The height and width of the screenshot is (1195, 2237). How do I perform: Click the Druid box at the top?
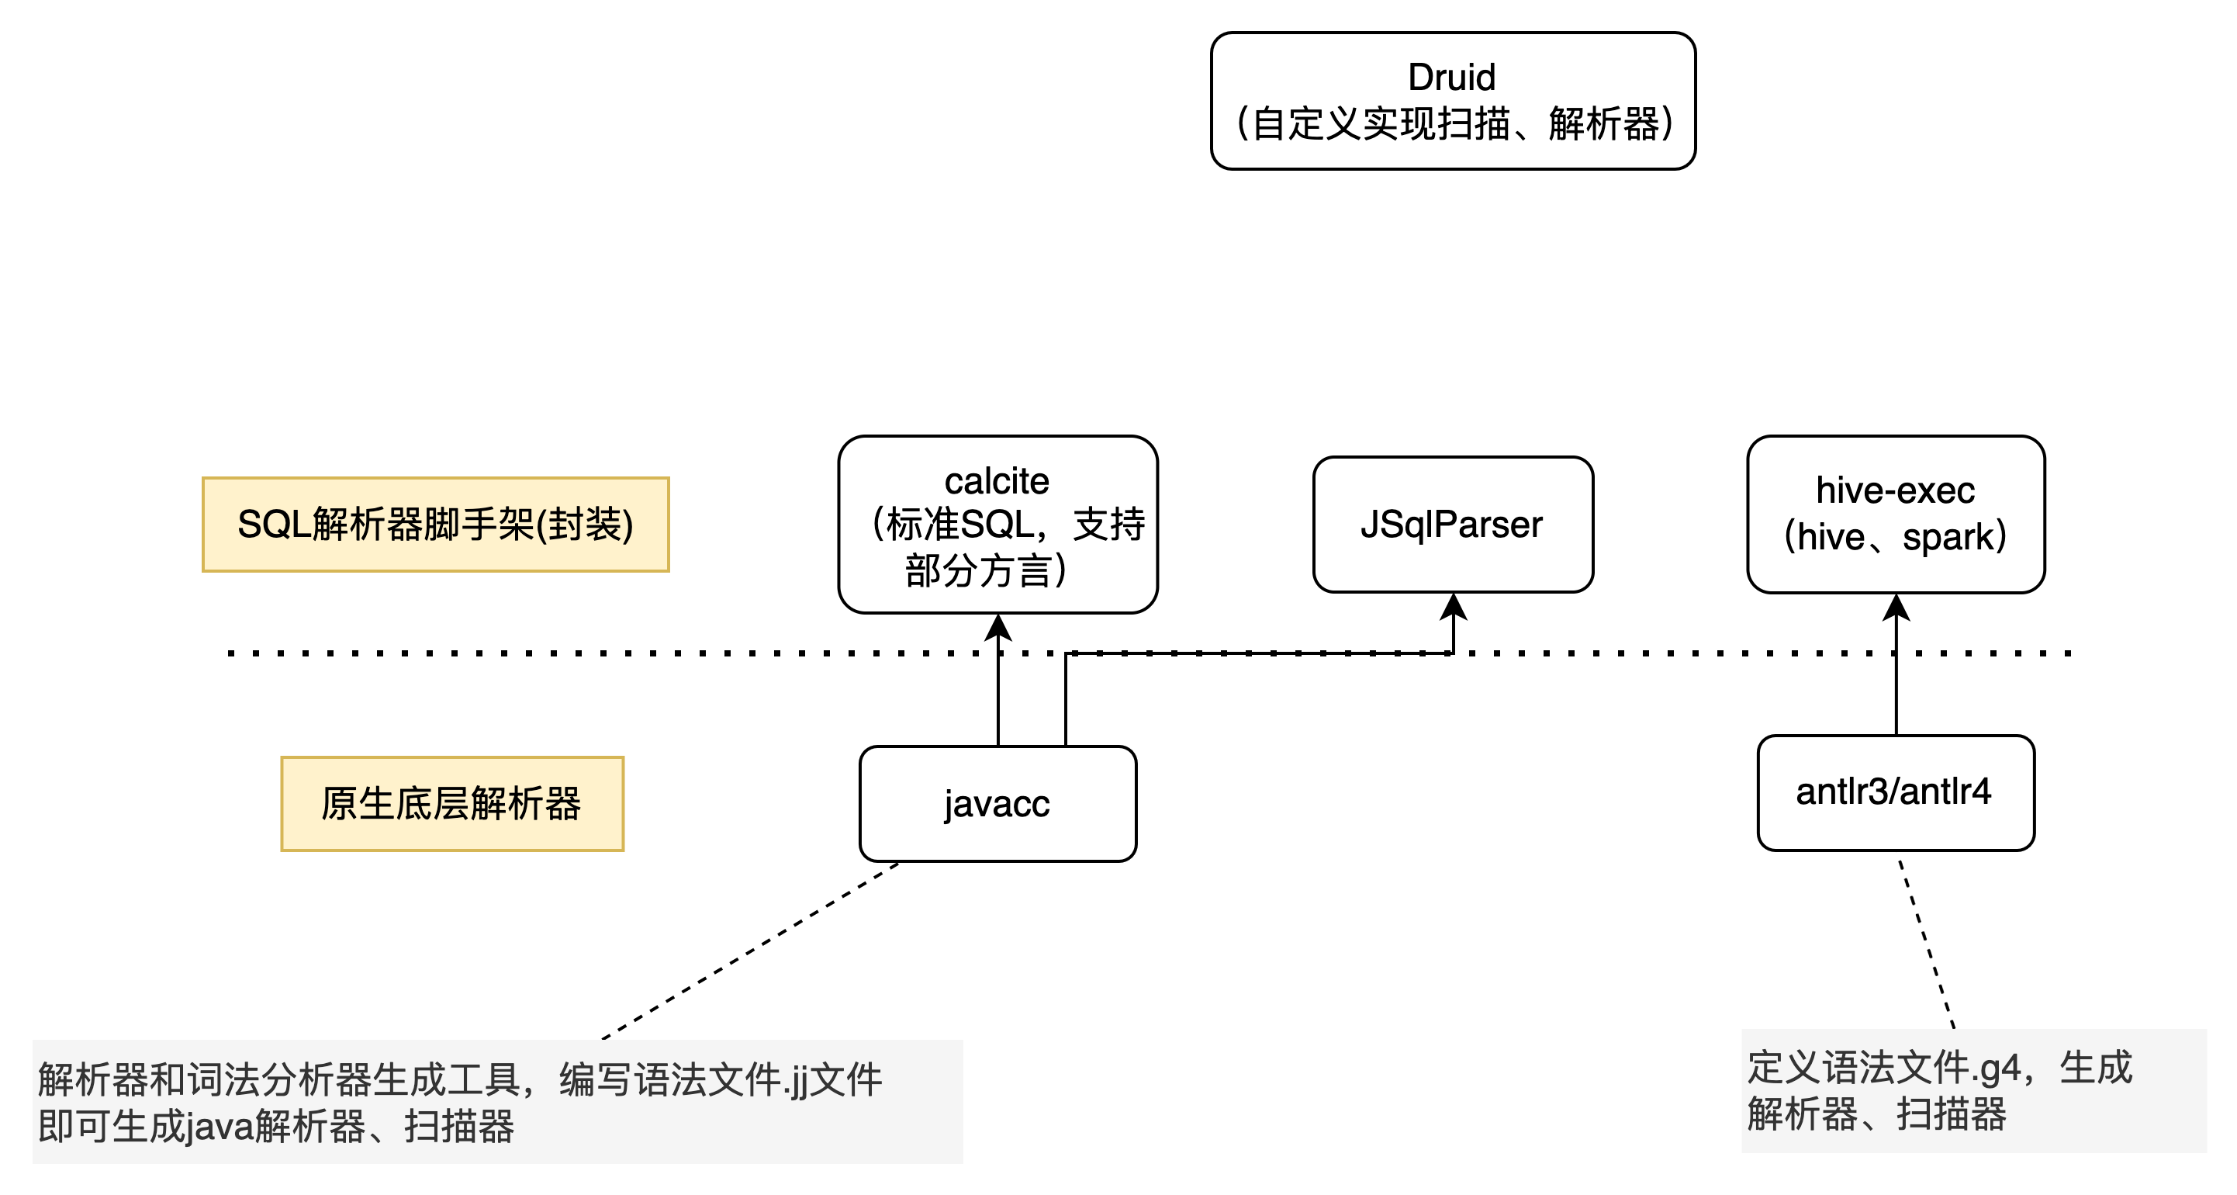coord(1453,101)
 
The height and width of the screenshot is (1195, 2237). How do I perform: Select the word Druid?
coord(1451,78)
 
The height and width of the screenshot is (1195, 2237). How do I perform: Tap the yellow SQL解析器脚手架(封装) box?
coord(435,525)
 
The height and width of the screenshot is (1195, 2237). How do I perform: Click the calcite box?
coord(997,525)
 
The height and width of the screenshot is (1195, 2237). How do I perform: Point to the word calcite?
coord(996,481)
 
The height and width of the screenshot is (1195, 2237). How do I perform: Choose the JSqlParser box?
coord(1453,525)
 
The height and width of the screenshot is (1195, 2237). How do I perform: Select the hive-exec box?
coord(1895,514)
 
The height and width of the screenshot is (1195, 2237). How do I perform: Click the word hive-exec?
coord(1895,490)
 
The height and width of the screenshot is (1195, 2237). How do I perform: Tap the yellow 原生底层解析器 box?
coord(451,803)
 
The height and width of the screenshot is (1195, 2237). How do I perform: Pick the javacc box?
coord(997,803)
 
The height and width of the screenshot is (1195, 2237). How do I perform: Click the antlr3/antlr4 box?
coord(1895,792)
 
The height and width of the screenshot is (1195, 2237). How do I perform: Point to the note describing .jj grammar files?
coord(496,1101)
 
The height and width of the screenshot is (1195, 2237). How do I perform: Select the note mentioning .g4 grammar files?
coord(1973,1091)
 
